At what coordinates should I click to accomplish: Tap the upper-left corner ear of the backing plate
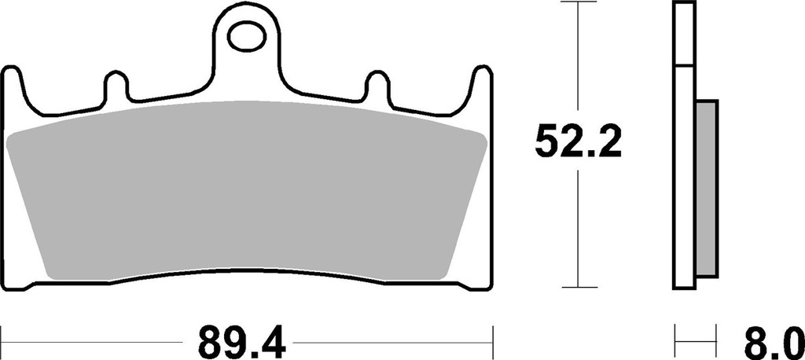click(12, 78)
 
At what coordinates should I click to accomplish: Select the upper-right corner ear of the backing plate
click(483, 78)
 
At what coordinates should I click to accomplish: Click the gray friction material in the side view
click(707, 189)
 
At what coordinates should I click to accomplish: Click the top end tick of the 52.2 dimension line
click(578, 3)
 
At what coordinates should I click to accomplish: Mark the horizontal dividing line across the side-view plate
click(685, 66)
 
